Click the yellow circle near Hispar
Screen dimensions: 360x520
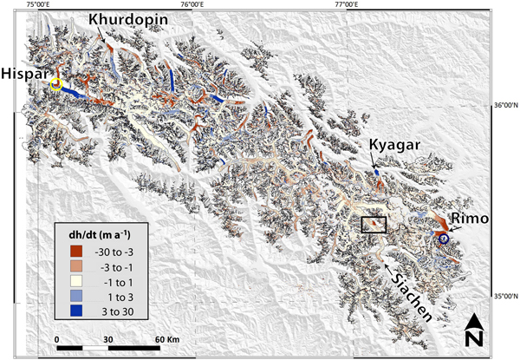tap(56, 84)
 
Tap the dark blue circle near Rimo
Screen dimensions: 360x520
tap(444, 239)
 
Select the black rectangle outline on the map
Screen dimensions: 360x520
tap(374, 226)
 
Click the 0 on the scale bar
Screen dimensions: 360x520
tap(57, 339)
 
